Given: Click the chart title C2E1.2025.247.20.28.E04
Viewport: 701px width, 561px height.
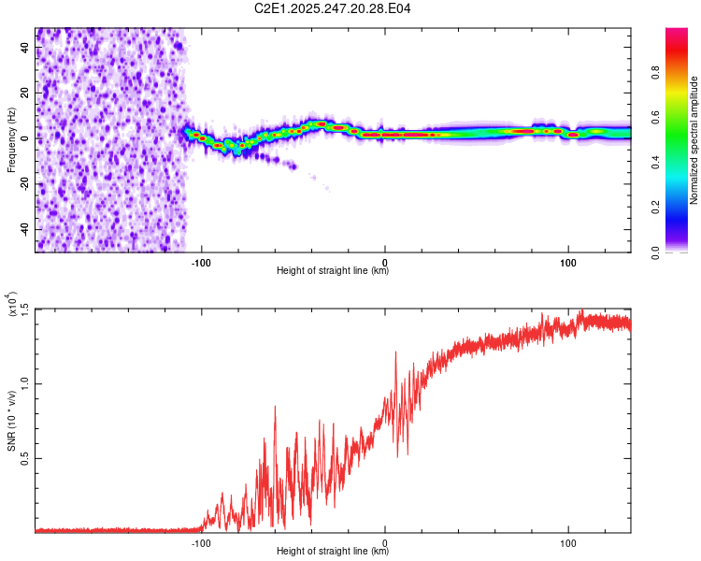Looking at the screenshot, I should tap(333, 9).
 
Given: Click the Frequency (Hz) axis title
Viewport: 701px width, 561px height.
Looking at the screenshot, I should tap(12, 139).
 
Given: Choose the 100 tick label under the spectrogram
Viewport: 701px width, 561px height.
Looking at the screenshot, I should tap(568, 262).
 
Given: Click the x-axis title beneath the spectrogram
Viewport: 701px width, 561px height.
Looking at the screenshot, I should tap(333, 272).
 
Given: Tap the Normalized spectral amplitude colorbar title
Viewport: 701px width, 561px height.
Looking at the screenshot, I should tap(694, 140).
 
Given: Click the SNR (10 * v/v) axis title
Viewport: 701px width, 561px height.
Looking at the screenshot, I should tap(12, 420).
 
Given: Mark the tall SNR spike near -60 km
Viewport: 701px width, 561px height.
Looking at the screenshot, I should tap(275, 408).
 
